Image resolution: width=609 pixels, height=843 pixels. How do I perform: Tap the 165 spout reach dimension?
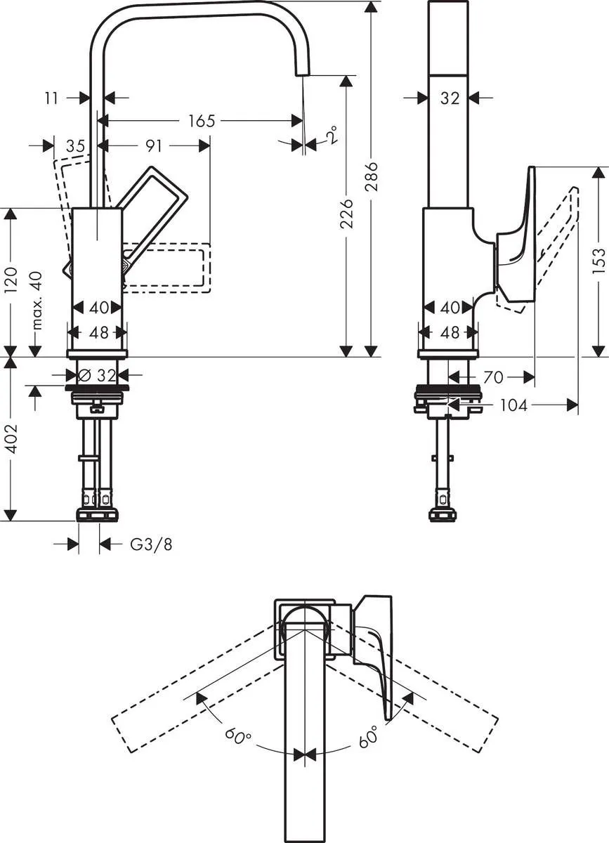click(x=201, y=121)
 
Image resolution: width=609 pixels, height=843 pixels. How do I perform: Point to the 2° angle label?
click(x=332, y=135)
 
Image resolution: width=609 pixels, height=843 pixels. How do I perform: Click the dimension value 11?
click(x=51, y=98)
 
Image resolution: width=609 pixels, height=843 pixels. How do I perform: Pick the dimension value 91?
click(x=154, y=145)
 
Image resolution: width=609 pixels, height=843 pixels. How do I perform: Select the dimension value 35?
click(x=75, y=145)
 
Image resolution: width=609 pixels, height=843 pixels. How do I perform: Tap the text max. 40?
click(x=37, y=301)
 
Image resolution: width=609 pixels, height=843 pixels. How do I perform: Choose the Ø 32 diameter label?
click(x=98, y=376)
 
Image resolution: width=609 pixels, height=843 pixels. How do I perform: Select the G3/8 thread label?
click(x=151, y=544)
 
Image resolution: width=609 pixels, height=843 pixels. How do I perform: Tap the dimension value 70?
click(x=493, y=377)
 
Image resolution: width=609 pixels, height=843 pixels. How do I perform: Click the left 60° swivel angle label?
click(x=239, y=737)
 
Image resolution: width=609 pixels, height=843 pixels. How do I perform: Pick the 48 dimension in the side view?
click(x=450, y=332)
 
